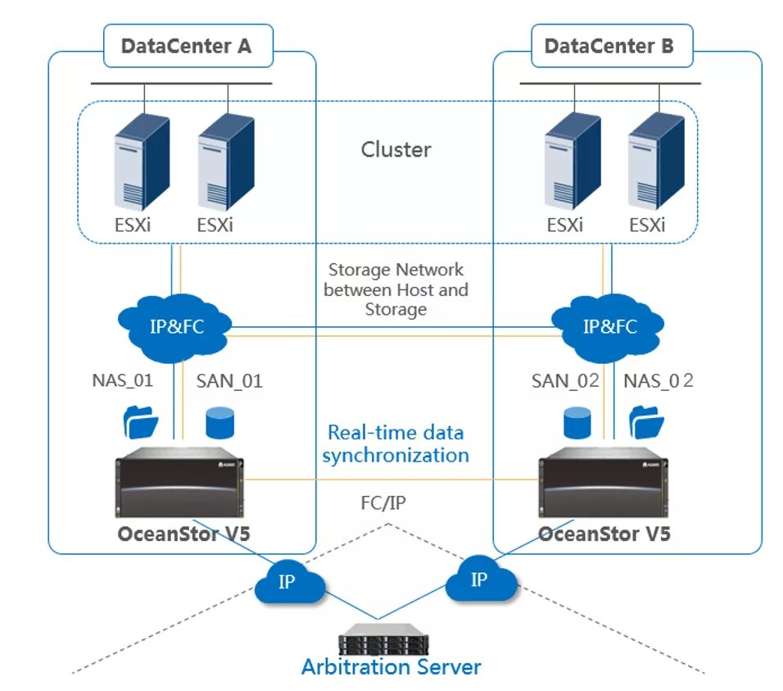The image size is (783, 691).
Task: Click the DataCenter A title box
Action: pyautogui.click(x=188, y=46)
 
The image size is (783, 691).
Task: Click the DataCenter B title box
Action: pyautogui.click(x=609, y=46)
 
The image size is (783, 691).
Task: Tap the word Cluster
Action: pyautogui.click(x=396, y=150)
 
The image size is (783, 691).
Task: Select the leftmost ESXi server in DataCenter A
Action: pyautogui.click(x=141, y=163)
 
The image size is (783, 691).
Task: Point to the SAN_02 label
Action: pyautogui.click(x=565, y=380)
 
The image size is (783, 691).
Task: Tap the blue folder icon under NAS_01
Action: pyautogui.click(x=140, y=423)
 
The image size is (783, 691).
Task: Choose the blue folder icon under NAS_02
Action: pyautogui.click(x=646, y=423)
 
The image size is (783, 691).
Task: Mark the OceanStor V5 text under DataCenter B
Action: pyautogui.click(x=604, y=534)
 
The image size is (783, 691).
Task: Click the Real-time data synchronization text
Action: pyautogui.click(x=396, y=443)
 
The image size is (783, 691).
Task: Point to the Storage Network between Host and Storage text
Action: pyautogui.click(x=396, y=289)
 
